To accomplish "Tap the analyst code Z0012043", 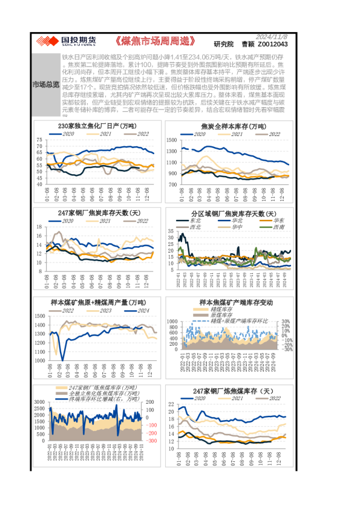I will [272, 44].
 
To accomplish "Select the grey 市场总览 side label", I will [45, 83].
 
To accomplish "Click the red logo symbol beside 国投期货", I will [45, 41].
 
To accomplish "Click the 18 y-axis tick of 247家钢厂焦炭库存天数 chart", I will [40, 227].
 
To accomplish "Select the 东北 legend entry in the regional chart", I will [196, 221].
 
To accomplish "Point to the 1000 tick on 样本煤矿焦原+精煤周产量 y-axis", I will [38, 361].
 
